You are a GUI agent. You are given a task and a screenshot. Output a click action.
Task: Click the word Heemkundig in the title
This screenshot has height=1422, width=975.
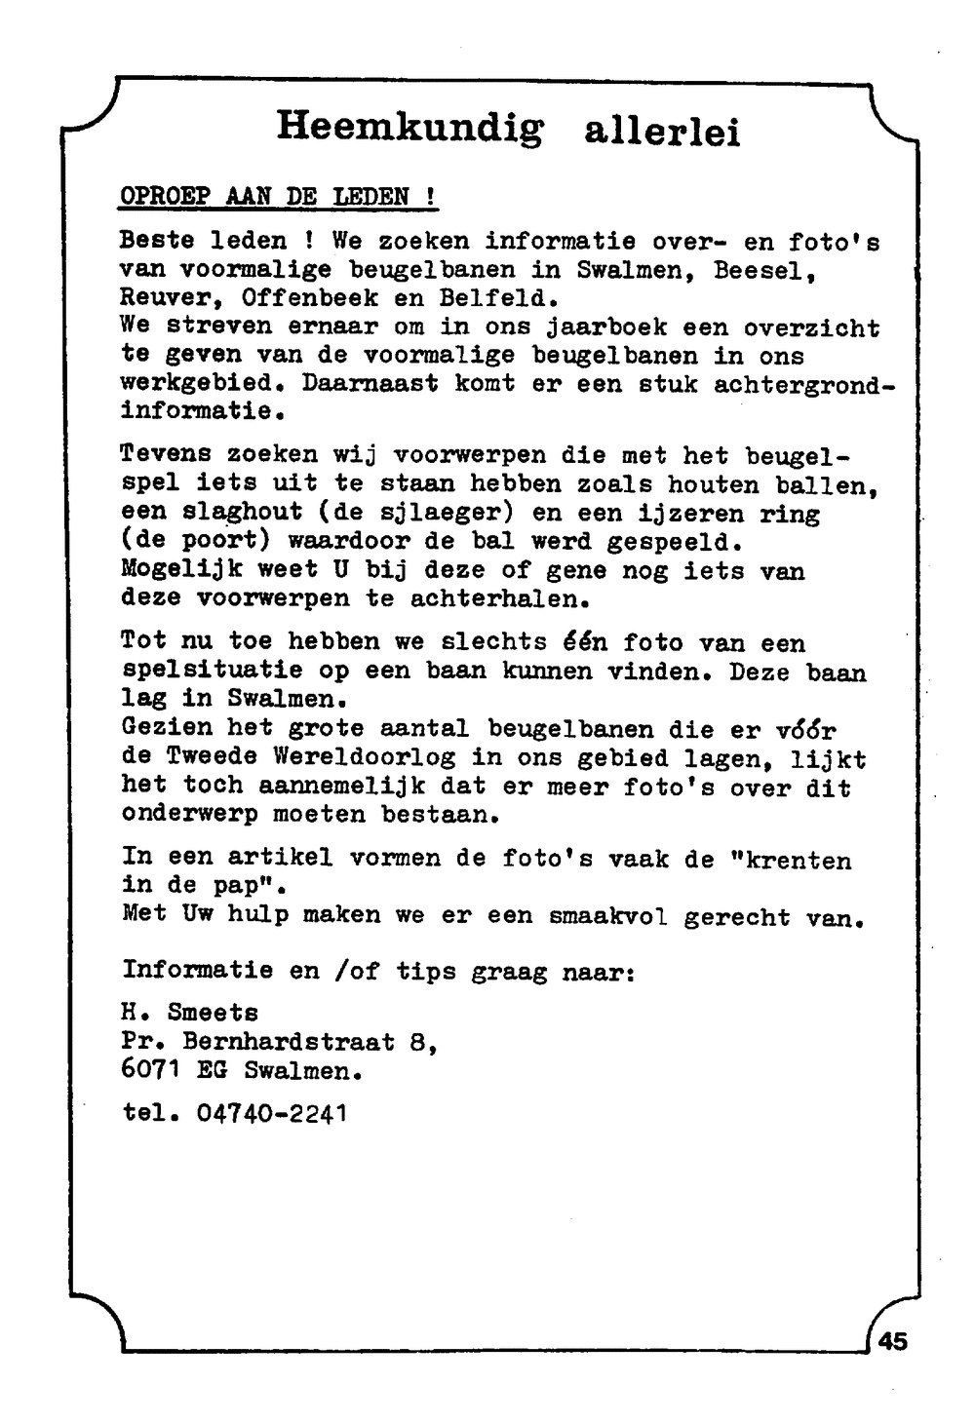[x=409, y=128]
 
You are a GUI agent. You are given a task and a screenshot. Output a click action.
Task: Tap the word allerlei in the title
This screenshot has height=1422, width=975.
[x=662, y=133]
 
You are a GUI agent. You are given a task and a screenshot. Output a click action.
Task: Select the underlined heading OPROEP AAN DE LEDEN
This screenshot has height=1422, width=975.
[x=278, y=197]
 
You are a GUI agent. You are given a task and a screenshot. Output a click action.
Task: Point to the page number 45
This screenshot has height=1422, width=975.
[x=892, y=1341]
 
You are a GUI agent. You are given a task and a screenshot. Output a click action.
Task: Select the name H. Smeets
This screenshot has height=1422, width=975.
[x=189, y=1014]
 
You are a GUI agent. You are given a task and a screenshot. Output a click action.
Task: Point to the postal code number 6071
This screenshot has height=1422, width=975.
[x=151, y=1070]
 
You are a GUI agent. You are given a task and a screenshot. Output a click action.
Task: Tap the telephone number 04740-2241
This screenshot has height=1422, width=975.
[x=272, y=1113]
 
